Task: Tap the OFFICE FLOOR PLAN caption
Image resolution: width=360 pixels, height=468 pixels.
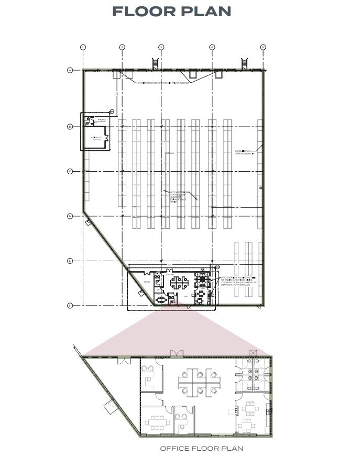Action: point(201,449)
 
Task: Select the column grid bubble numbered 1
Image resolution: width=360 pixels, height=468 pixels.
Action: point(83,47)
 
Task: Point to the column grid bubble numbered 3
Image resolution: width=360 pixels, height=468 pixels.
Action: point(161,47)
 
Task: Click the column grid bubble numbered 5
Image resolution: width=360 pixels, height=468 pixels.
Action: point(263,47)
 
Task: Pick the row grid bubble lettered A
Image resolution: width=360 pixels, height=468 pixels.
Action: point(69,70)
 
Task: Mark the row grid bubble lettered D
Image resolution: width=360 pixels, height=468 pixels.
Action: point(69,216)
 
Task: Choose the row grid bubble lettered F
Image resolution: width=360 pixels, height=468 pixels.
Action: point(69,305)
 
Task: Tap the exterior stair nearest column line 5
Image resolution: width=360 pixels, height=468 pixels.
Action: point(244,63)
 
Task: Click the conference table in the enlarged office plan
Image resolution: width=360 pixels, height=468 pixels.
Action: point(156,421)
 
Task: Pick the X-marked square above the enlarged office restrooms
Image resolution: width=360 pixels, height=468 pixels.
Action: point(254,353)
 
